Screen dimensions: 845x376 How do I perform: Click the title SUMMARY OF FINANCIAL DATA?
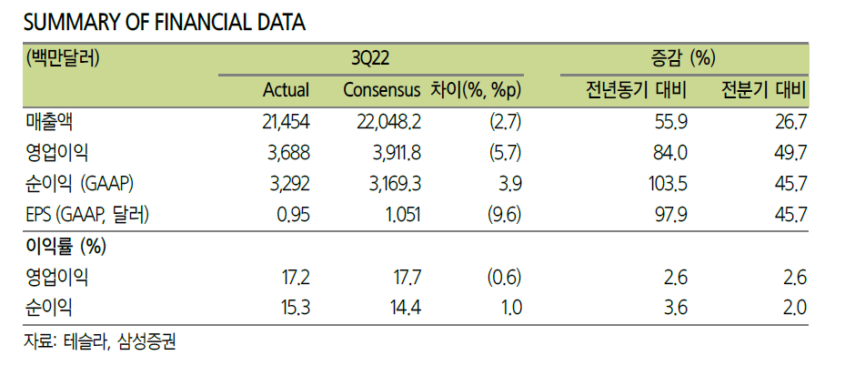tap(165, 23)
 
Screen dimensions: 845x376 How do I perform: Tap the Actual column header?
tap(286, 89)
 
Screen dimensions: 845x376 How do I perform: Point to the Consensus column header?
tap(382, 89)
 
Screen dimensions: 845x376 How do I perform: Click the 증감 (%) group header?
tap(684, 58)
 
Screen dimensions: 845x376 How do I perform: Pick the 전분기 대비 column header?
tap(764, 89)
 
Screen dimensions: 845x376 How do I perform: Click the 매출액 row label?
tap(48, 122)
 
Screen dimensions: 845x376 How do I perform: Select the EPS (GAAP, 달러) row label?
tap(87, 215)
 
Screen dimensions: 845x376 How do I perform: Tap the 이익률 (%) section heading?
tap(65, 247)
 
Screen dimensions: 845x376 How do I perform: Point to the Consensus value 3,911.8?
tap(388, 154)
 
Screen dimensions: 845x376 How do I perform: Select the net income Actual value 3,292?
tap(288, 185)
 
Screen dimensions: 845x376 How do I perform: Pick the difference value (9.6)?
tap(504, 216)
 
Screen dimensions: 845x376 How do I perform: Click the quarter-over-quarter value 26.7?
tap(790, 123)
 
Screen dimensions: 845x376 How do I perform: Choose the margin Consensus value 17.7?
tap(404, 278)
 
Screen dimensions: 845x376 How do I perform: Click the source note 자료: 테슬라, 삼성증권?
tap(100, 342)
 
